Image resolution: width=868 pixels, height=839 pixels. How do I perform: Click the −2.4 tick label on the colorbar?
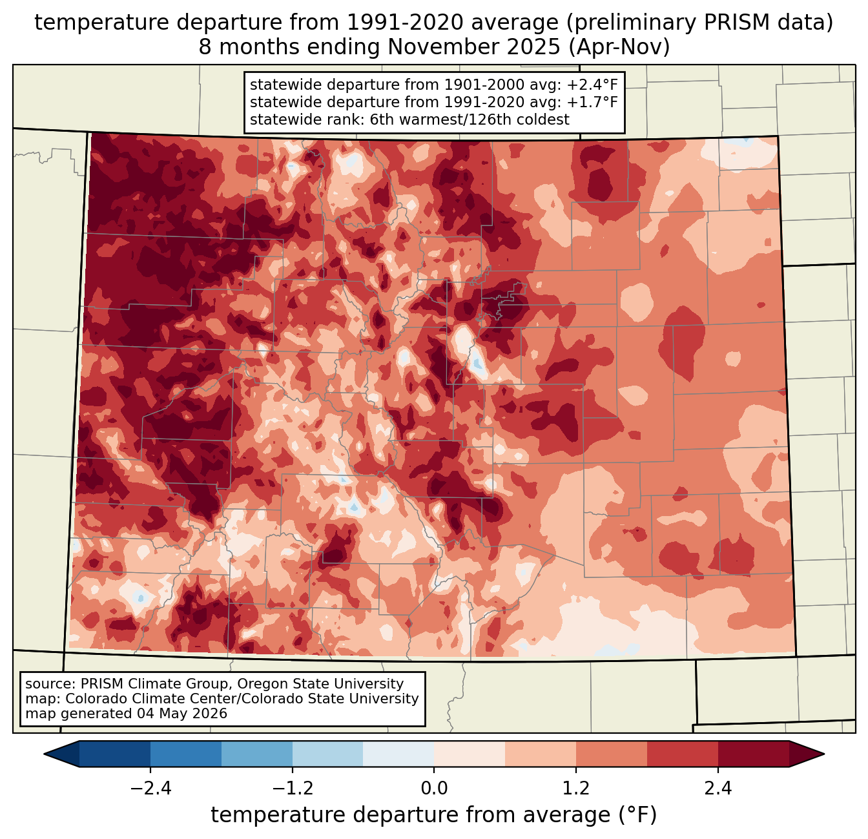tap(150, 788)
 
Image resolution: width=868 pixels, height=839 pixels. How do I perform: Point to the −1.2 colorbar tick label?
tap(293, 788)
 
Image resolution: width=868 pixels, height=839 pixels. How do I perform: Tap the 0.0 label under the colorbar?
tap(434, 788)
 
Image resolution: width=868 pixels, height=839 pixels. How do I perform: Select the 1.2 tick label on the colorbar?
tap(576, 788)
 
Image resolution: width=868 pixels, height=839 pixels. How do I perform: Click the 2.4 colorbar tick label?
tap(718, 788)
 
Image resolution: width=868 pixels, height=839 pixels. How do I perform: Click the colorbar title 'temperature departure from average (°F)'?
tap(434, 815)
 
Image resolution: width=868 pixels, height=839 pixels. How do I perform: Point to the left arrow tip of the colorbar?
tap(44, 754)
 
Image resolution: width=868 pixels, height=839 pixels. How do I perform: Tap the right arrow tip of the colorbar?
tap(824, 754)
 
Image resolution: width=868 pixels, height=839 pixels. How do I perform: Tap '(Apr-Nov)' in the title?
tap(619, 47)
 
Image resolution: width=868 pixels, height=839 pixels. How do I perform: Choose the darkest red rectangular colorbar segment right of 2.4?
tap(754, 754)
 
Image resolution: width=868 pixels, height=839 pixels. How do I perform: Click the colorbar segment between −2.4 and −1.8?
tap(186, 754)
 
